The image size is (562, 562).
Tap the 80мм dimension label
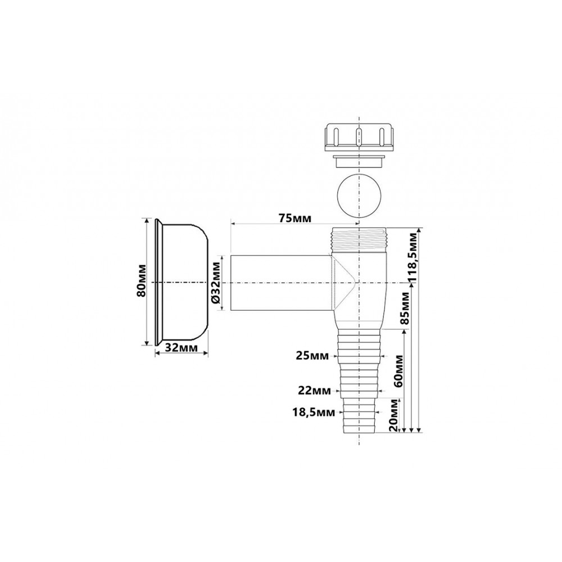click(x=142, y=280)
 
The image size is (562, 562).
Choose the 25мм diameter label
click(x=312, y=356)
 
